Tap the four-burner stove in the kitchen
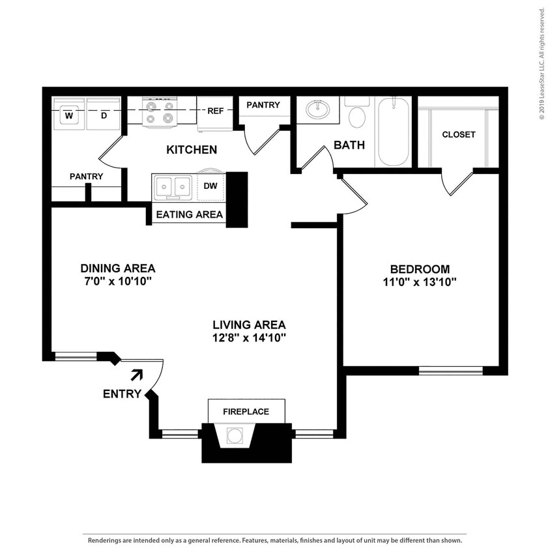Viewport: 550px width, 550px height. click(x=160, y=111)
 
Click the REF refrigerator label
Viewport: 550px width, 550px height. click(x=215, y=111)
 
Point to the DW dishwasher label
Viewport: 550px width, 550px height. click(x=210, y=186)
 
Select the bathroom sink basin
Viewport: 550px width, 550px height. click(x=317, y=110)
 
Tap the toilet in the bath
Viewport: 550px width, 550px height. click(x=356, y=116)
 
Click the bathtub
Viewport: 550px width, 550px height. click(x=394, y=132)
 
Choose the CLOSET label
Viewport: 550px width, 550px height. click(x=459, y=135)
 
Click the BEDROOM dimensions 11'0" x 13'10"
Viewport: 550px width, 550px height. click(x=420, y=282)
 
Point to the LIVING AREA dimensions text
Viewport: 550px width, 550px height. click(x=250, y=338)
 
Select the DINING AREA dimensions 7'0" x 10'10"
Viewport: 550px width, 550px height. click(x=117, y=281)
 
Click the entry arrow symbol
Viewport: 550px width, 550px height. click(x=137, y=374)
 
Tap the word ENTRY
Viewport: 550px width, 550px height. click(x=122, y=394)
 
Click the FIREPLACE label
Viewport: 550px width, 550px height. click(x=246, y=412)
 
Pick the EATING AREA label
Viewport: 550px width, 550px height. click(x=189, y=214)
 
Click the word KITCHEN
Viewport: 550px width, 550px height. click(x=192, y=150)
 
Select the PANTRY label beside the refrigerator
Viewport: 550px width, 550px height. click(x=263, y=105)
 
